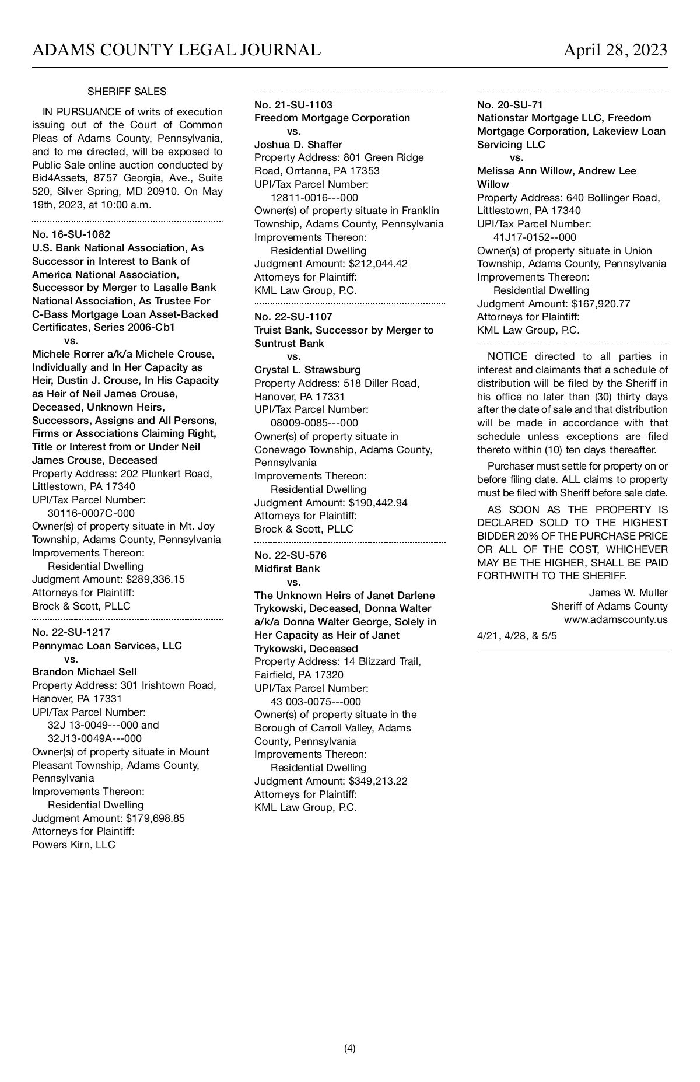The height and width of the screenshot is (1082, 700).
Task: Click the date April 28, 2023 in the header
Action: (x=615, y=50)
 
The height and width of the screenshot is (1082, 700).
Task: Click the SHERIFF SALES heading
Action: (x=127, y=92)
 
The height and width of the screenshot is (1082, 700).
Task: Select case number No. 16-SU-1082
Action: (x=71, y=234)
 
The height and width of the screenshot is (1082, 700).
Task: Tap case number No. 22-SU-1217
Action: (x=71, y=632)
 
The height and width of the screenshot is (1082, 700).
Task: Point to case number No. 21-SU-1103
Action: (x=293, y=105)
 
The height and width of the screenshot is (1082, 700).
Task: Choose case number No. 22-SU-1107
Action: (x=293, y=317)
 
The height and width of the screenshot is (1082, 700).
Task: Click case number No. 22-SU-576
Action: (x=290, y=555)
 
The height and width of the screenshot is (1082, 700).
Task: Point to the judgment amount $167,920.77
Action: (x=601, y=304)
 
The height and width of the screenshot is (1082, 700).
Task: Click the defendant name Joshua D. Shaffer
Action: (x=298, y=145)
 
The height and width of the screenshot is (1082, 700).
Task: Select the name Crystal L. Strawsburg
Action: (x=307, y=370)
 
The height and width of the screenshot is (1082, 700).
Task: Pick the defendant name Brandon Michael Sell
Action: (x=85, y=672)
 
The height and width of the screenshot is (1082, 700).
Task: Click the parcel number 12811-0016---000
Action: (x=314, y=198)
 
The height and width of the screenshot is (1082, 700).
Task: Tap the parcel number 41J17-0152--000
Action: (x=535, y=237)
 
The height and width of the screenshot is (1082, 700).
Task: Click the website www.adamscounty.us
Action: (x=615, y=619)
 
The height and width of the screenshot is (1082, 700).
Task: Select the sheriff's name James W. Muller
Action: (x=628, y=593)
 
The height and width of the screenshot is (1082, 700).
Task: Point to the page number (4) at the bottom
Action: (x=349, y=1048)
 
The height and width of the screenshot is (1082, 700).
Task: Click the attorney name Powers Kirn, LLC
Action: (x=73, y=845)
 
